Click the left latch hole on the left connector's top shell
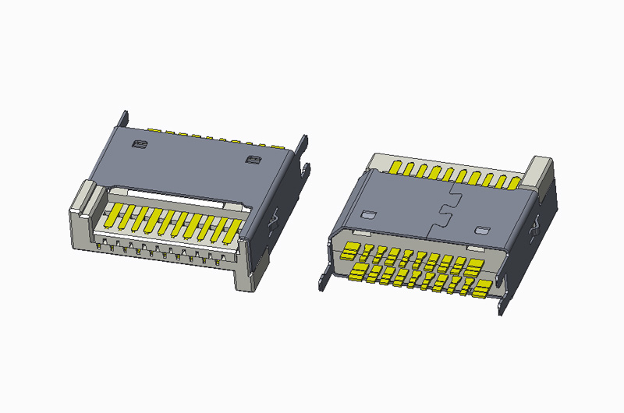pyautogui.click(x=140, y=144)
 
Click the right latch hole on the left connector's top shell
pyautogui.click(x=252, y=161)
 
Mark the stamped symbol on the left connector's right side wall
pyautogui.click(x=274, y=221)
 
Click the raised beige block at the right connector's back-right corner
pyautogui.click(x=540, y=173)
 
